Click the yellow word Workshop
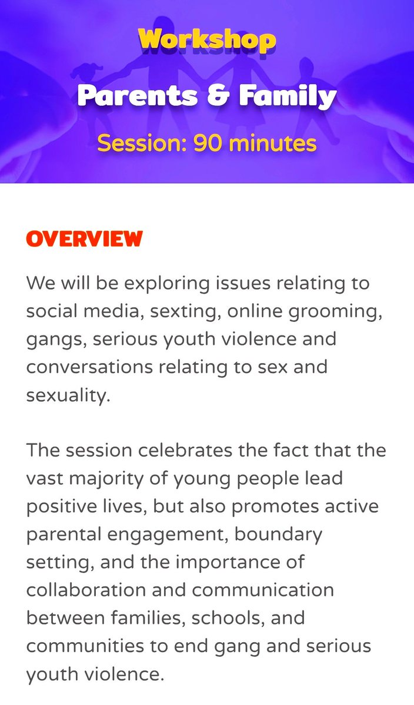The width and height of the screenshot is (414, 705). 207,40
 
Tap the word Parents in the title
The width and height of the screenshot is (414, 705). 138,95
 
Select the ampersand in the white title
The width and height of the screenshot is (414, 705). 222,95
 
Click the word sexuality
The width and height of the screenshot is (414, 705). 68,395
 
